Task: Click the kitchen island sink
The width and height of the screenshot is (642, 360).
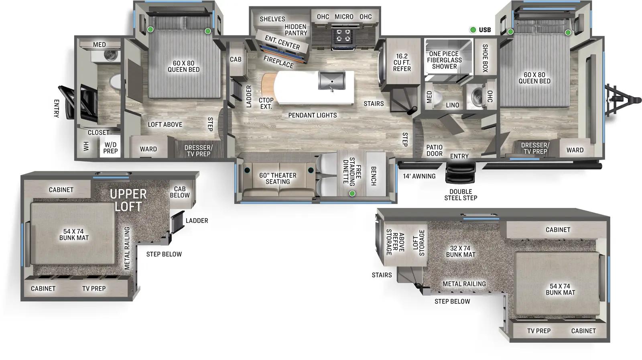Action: pyautogui.click(x=332, y=81)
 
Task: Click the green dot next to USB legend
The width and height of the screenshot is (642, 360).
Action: pyautogui.click(x=473, y=30)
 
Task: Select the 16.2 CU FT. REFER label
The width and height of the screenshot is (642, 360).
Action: pyautogui.click(x=402, y=63)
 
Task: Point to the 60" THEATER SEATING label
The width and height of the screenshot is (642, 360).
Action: pyautogui.click(x=278, y=179)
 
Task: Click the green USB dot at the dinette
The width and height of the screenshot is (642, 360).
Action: pyautogui.click(x=352, y=193)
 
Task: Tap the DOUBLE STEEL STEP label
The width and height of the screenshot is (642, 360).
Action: pyautogui.click(x=461, y=195)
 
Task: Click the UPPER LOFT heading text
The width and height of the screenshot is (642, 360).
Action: pyautogui.click(x=128, y=200)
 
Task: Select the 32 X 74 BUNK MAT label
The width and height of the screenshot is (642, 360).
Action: pyautogui.click(x=461, y=252)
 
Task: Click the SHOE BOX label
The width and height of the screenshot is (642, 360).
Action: pyautogui.click(x=485, y=58)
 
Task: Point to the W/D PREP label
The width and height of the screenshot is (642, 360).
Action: pyautogui.click(x=110, y=148)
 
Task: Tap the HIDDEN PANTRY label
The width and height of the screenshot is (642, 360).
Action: pyautogui.click(x=296, y=30)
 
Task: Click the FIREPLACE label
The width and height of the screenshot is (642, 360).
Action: pyautogui.click(x=278, y=62)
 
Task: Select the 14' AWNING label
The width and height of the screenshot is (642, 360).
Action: pyautogui.click(x=419, y=176)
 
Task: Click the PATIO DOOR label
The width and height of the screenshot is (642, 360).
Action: pyautogui.click(x=434, y=151)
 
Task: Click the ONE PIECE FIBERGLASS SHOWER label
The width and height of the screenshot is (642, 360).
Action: pyautogui.click(x=444, y=60)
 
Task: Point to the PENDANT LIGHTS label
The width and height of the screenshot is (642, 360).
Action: pyautogui.click(x=312, y=115)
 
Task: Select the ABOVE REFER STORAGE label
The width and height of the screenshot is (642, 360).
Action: pyautogui.click(x=395, y=242)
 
